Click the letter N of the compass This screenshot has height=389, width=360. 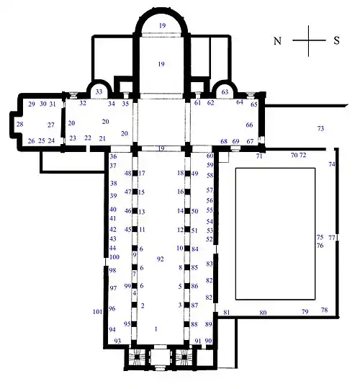pos(277,40)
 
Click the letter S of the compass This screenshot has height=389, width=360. pos(336,40)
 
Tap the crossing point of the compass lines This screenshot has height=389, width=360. pos(309,40)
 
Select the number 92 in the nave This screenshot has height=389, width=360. pos(160,259)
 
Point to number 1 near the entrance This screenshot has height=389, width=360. pos(156,329)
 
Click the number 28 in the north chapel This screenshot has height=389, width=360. pos(20,124)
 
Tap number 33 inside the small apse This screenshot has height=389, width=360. pos(99,91)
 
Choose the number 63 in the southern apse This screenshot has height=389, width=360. pos(225,92)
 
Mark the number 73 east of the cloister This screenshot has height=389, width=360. pos(320,128)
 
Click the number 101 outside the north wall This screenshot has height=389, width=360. pos(97,312)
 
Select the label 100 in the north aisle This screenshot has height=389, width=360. pos(114,257)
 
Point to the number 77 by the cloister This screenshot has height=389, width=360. pos(332,238)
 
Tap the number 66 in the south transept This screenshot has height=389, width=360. pos(249,125)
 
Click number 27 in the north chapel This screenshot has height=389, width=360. pos(51,125)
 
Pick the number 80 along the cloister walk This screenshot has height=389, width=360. pos(263,313)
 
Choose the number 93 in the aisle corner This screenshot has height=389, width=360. pos(117,341)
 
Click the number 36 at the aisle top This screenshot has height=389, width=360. pos(113,156)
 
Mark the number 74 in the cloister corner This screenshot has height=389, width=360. pos(332,164)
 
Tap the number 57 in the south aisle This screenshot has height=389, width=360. pos(210,190)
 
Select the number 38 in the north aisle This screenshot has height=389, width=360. pos(114,184)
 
